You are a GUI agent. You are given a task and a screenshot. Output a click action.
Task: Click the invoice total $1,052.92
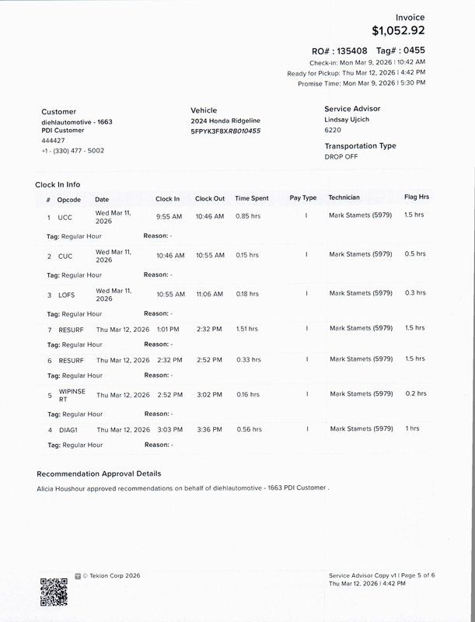[x=398, y=32]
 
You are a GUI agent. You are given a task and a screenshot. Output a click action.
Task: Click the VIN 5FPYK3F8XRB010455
[x=225, y=131]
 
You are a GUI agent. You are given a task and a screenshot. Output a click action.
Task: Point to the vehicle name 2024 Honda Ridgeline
[x=225, y=121]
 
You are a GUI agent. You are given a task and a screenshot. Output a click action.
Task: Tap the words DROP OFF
[x=342, y=156]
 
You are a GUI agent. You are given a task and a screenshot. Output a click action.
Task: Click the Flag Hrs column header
[x=417, y=197]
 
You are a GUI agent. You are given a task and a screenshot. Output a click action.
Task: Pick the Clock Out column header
[x=210, y=198]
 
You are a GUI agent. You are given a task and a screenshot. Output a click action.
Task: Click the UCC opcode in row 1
[x=65, y=218]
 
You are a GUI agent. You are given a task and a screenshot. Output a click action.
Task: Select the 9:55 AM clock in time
[x=168, y=215]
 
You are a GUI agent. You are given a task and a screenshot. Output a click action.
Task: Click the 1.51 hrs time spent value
[x=246, y=329]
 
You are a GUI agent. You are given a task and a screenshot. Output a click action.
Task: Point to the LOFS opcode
[x=66, y=294]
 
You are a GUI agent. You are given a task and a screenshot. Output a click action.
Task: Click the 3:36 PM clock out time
[x=208, y=429]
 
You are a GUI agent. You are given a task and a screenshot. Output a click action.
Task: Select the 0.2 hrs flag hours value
[x=415, y=394]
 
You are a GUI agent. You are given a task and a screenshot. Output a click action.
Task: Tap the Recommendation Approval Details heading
[x=99, y=473]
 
